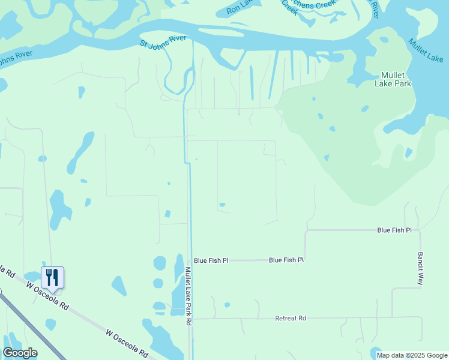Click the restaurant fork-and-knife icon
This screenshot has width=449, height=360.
[x=52, y=277]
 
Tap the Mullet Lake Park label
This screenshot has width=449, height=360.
[x=396, y=79]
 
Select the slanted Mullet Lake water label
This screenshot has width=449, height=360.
[x=426, y=50]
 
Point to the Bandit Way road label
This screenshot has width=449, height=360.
[x=421, y=268]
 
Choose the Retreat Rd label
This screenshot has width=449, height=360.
[x=291, y=318]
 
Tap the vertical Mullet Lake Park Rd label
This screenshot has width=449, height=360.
[x=188, y=296]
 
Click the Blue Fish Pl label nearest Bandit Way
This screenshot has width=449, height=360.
[x=394, y=230]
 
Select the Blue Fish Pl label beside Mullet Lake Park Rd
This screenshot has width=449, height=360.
[x=211, y=260]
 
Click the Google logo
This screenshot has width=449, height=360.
[x=20, y=353]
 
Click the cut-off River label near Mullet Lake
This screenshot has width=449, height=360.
[x=375, y=8]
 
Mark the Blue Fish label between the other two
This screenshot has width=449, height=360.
[x=286, y=260]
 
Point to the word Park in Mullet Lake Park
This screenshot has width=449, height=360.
[x=402, y=83]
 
